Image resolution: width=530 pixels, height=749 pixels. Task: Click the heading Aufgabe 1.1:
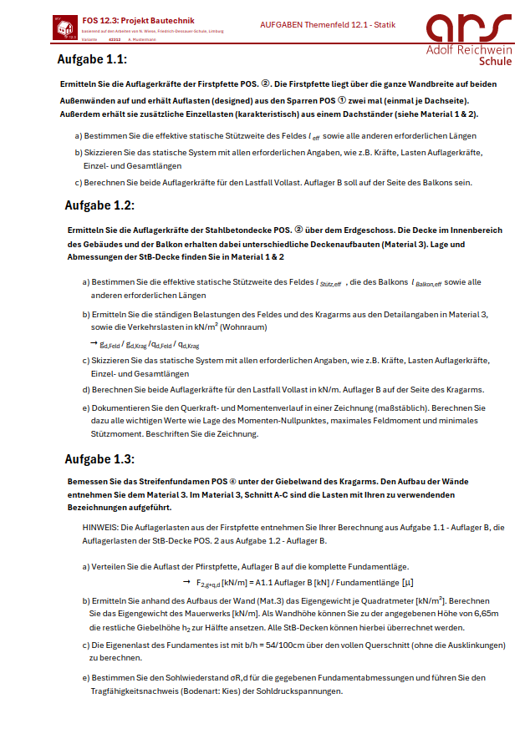[92, 59]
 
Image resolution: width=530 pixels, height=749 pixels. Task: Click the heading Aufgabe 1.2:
[99, 205]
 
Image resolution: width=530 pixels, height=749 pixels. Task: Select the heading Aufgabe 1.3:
[99, 459]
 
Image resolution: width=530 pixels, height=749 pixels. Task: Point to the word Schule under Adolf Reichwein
[497, 61]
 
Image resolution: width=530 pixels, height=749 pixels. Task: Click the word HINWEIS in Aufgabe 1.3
[99, 528]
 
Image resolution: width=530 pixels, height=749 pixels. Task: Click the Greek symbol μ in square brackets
[407, 582]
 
